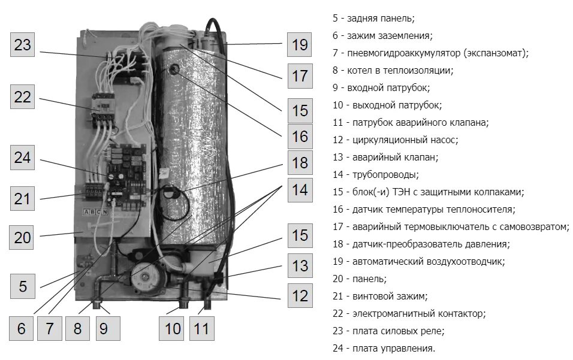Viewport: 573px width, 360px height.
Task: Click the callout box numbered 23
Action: point(22,46)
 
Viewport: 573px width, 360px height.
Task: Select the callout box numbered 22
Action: point(22,97)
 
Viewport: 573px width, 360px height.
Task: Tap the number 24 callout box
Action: point(22,158)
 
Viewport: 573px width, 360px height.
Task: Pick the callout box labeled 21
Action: point(22,198)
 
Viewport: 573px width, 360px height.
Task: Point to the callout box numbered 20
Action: point(22,238)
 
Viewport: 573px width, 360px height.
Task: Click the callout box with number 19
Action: point(299,44)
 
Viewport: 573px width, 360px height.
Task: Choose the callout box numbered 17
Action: point(299,76)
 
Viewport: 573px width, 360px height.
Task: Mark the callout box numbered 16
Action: point(299,137)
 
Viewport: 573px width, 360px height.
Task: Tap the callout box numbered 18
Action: point(299,162)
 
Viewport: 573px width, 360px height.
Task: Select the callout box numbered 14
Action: point(299,190)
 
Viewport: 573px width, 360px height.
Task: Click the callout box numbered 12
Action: point(299,295)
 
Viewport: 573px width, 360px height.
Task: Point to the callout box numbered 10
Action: point(173,328)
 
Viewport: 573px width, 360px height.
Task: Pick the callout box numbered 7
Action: point(50,328)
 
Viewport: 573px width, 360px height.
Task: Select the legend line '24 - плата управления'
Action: point(384,348)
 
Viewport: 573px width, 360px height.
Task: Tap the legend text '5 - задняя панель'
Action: point(373,18)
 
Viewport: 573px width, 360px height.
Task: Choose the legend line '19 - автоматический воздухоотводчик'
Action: point(418,261)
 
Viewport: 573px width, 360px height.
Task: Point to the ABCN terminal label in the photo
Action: point(95,211)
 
